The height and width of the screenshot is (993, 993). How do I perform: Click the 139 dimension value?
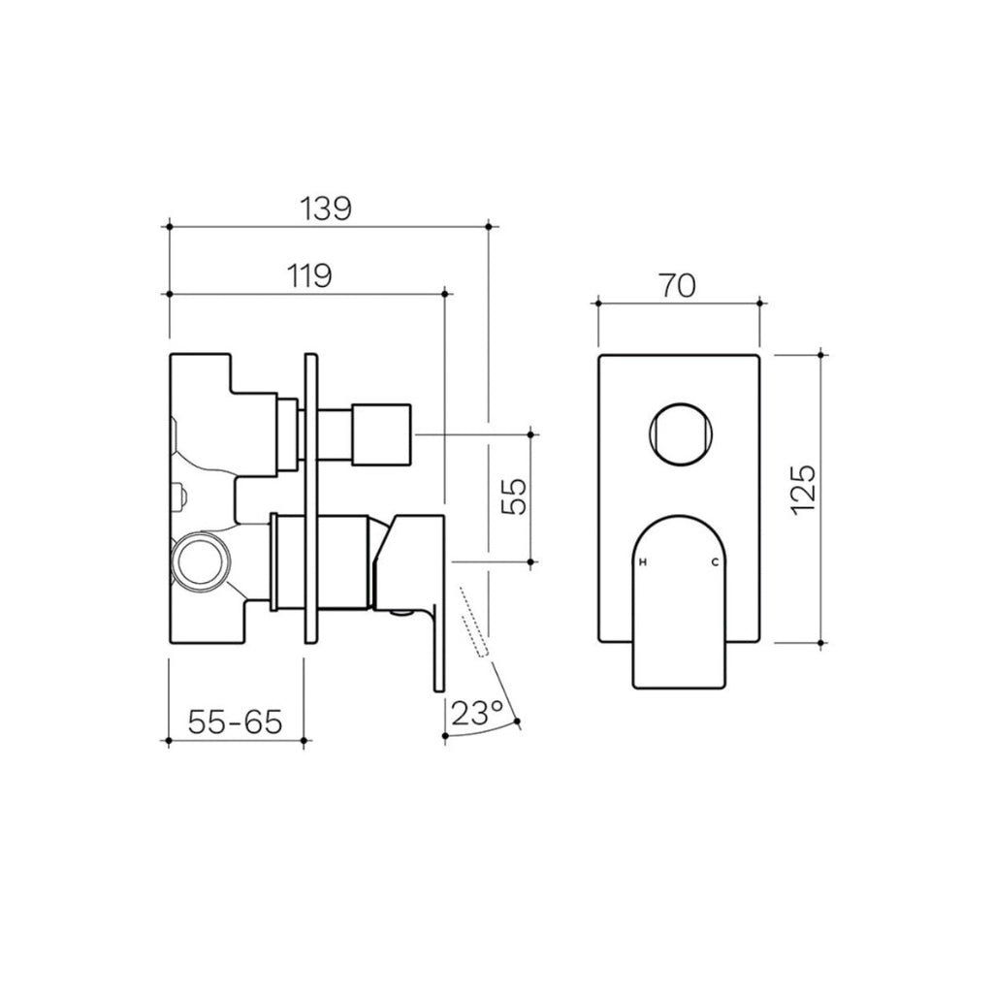[325, 208]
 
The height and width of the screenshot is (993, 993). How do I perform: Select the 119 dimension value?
[307, 275]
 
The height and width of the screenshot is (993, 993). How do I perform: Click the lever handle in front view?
[679, 601]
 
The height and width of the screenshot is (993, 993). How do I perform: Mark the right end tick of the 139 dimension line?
[488, 226]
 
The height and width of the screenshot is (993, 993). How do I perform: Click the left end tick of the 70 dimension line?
[598, 303]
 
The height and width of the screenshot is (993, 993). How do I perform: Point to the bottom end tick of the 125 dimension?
[822, 642]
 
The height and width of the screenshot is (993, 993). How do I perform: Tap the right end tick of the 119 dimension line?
[444, 293]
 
